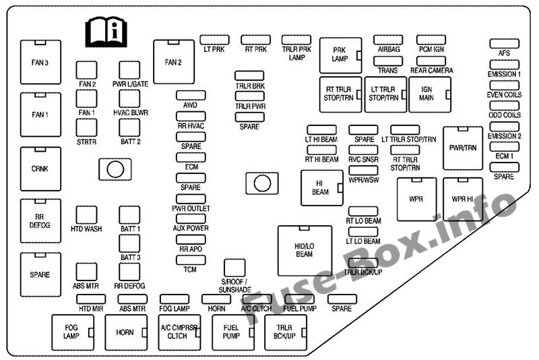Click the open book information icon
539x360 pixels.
coord(106,32)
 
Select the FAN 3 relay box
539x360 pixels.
coord(40,62)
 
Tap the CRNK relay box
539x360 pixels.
coord(40,169)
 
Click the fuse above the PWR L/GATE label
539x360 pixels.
coord(129,70)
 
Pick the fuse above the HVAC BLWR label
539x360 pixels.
coord(129,99)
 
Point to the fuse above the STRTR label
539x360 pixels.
coord(87,128)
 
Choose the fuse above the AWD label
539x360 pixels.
coord(191,95)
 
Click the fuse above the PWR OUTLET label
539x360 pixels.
coord(191,199)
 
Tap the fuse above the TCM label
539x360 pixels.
coord(191,260)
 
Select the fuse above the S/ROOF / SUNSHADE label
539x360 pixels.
coord(234,268)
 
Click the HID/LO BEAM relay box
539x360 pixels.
coord(305,251)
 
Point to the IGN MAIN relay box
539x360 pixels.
coord(430,94)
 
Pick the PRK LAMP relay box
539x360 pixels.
coord(341,55)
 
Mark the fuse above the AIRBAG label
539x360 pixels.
coord(388,40)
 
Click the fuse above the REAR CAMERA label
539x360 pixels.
coord(431,61)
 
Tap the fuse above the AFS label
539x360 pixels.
coord(504,44)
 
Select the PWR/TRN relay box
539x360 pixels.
coord(463,148)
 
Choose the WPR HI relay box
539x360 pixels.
coord(463,199)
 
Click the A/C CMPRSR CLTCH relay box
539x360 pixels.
coord(179,332)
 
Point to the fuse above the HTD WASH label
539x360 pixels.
coord(87,215)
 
